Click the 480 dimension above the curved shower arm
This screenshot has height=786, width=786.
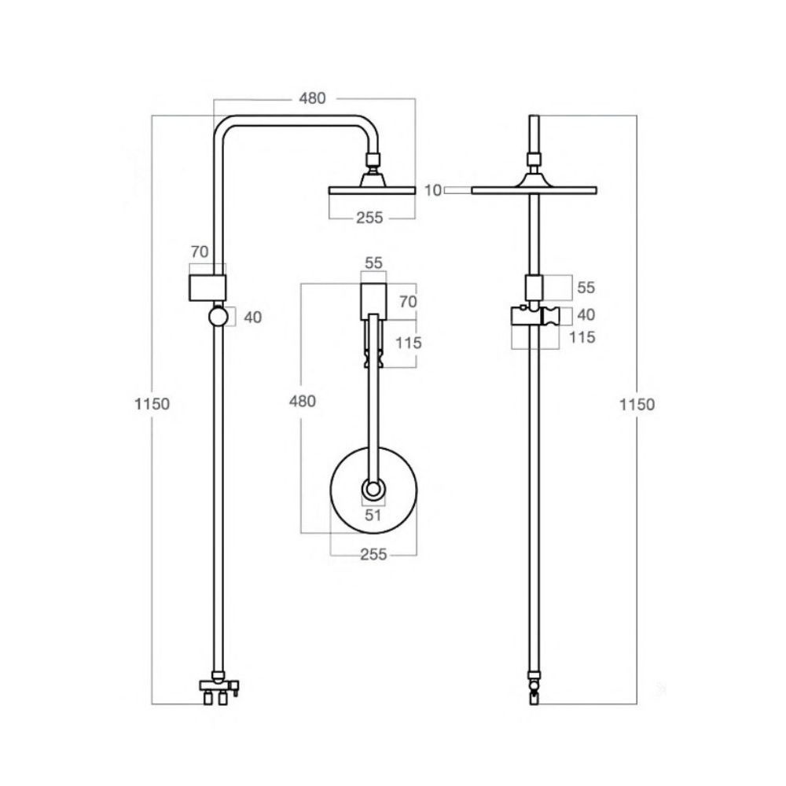point(312,98)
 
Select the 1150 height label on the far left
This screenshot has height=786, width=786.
point(152,403)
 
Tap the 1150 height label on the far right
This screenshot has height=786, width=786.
point(637,404)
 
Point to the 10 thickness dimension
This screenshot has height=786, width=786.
point(434,190)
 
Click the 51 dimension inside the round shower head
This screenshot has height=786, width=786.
point(373,516)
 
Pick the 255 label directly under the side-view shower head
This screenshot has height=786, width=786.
point(369,218)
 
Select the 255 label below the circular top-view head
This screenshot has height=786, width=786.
point(373,554)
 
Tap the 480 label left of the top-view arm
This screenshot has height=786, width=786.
point(303,401)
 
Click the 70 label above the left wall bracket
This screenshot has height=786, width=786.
point(200,252)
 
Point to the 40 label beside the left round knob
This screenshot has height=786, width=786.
point(252,318)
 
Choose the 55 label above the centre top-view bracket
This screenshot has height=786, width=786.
point(373,263)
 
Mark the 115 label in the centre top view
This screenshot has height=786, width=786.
point(409,343)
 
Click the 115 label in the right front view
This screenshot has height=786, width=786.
point(582,337)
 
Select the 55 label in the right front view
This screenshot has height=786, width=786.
point(586,288)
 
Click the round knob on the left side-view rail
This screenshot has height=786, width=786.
point(218,317)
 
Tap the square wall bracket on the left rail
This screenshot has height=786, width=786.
point(207,288)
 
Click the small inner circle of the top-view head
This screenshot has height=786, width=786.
point(373,489)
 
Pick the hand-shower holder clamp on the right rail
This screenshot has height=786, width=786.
point(534,315)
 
